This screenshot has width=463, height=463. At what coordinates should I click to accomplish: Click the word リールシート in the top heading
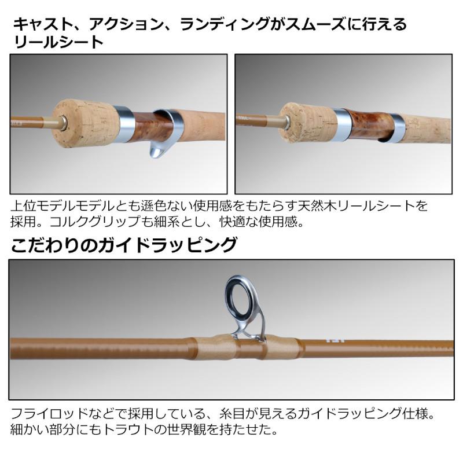click(58, 42)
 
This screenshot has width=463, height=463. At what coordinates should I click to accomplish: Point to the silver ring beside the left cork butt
click(124, 124)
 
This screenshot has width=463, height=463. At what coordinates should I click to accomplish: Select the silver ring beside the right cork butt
click(341, 123)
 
